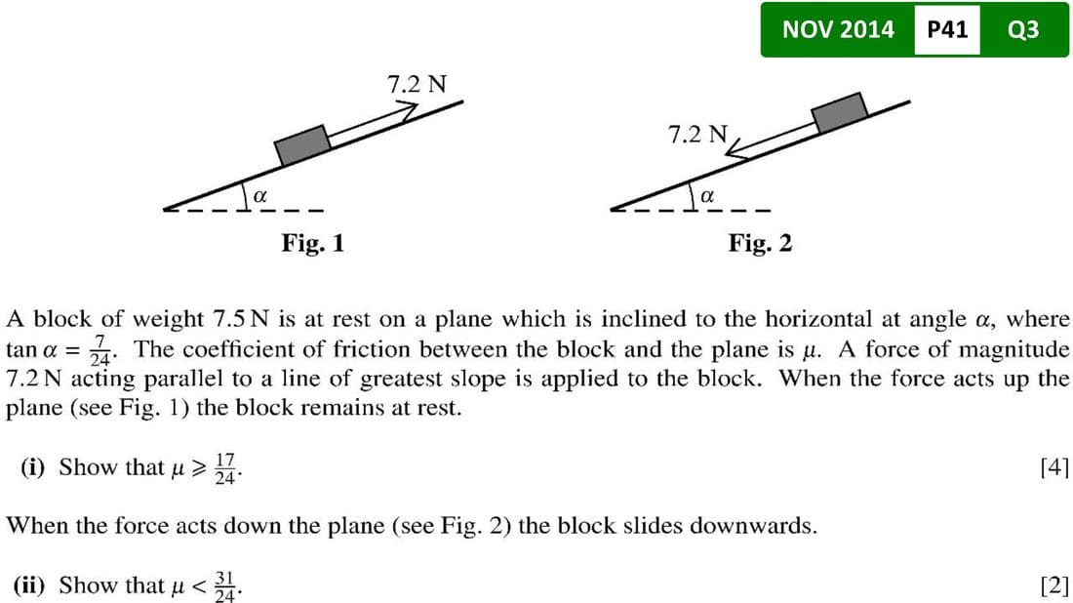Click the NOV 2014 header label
(838, 29)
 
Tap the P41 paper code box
(946, 29)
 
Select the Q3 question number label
(1023, 29)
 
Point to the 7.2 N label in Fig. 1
(417, 84)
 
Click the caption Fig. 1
(312, 242)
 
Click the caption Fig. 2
(760, 242)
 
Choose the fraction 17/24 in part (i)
(225, 468)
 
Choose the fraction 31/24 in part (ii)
(225, 586)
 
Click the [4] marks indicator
(1054, 467)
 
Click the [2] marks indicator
(1054, 585)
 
